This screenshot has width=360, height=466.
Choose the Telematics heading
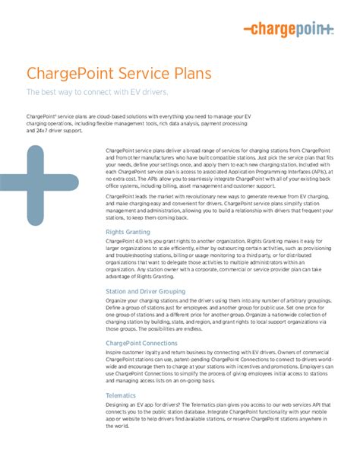coord(122,395)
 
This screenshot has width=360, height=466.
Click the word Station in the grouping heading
coord(118,291)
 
